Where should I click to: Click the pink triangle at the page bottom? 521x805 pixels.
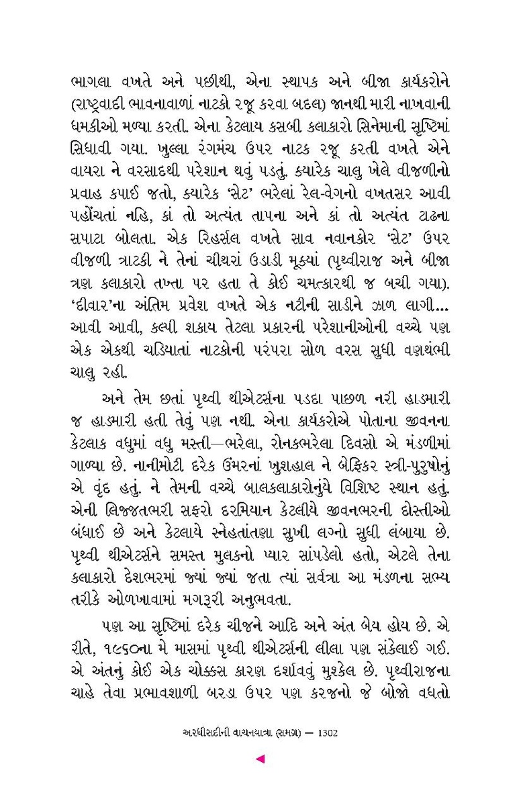click(261, 759)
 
